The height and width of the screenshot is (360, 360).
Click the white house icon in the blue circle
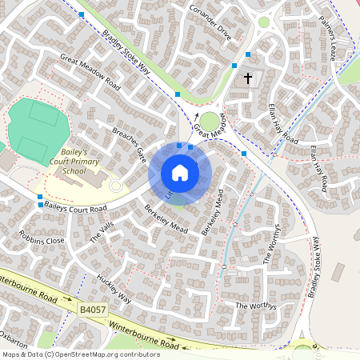pos(180,173)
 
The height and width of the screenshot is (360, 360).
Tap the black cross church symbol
pos(248,78)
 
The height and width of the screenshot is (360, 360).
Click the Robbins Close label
pos(44,239)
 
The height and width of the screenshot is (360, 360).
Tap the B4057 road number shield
pos(93,308)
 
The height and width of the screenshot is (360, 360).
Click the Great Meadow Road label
pos(90,72)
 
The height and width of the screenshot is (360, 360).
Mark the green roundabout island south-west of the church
pos(210,122)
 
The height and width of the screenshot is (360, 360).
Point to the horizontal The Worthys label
pos(254,306)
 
